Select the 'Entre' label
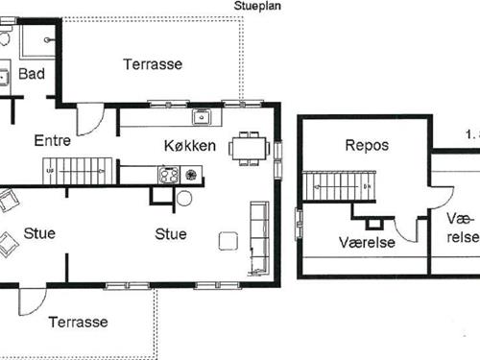point(53,140)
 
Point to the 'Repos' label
point(366,145)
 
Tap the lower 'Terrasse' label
point(79,322)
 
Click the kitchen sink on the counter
point(202,118)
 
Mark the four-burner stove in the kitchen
point(169,176)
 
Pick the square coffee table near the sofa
point(228,240)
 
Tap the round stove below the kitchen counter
point(184,199)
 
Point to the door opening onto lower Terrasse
point(32,301)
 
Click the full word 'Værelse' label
point(366,243)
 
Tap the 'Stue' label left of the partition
point(38,233)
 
